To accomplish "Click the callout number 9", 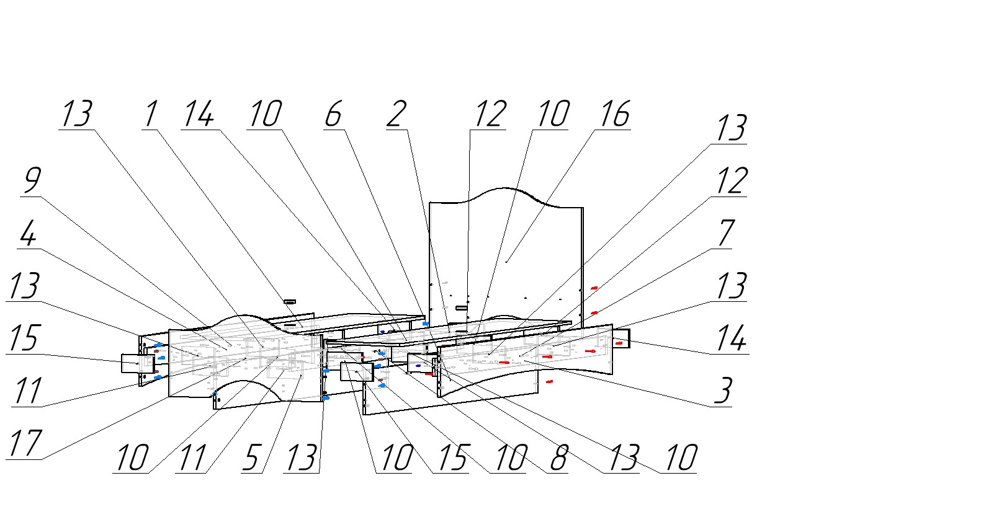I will click(32, 180).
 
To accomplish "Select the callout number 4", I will click(27, 234).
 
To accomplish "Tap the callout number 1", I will click(150, 114).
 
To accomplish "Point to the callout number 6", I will click(333, 114).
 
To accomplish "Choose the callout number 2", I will click(396, 114).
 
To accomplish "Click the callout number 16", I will click(615, 114).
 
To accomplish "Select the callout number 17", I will click(25, 444).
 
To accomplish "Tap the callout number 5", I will click(251, 458).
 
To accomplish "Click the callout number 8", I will click(558, 458).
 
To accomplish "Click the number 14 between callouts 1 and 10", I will click(198, 114).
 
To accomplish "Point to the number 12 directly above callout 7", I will click(731, 181).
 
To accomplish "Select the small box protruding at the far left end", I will click(133, 363).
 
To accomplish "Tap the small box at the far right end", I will click(621, 338).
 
